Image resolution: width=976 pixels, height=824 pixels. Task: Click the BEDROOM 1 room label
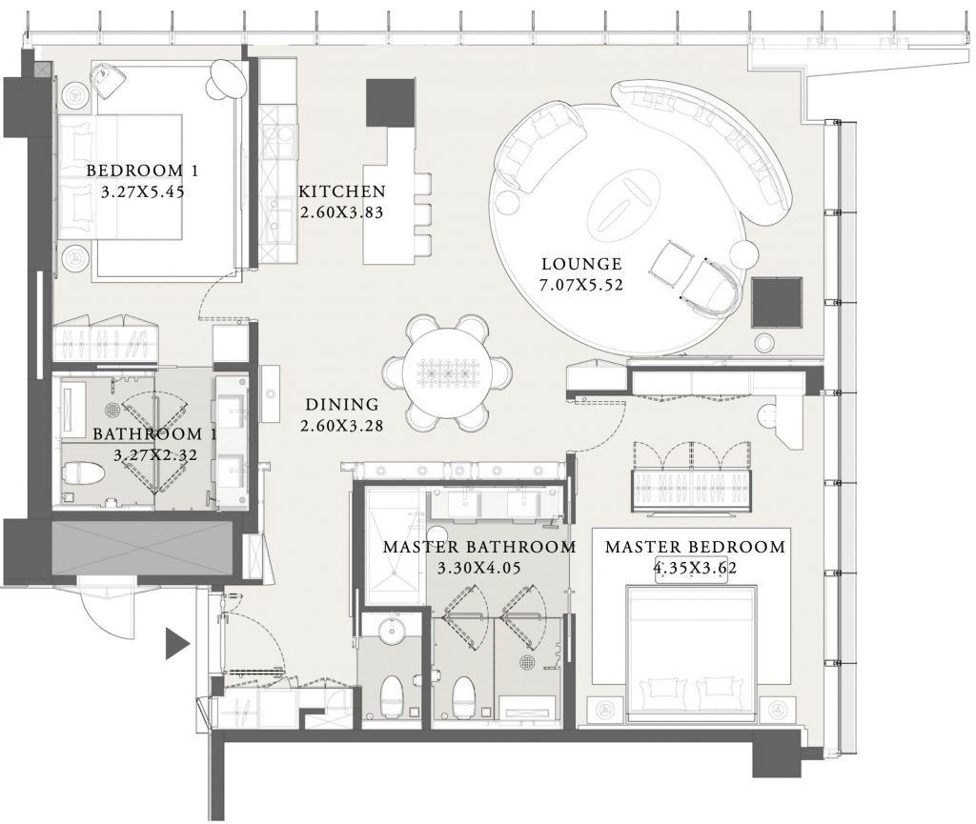(143, 171)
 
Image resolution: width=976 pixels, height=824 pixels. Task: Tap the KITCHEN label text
(342, 191)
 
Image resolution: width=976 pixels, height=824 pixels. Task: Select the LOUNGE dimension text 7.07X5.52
(581, 286)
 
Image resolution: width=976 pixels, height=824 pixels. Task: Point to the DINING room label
(342, 405)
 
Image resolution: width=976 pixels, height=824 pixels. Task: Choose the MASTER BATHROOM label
(479, 547)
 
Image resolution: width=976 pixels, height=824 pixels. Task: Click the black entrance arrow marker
(177, 643)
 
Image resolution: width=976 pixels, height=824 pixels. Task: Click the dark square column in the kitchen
(390, 103)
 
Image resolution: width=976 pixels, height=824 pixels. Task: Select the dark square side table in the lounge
(776, 303)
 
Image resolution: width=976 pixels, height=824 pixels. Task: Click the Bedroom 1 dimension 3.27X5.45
(143, 191)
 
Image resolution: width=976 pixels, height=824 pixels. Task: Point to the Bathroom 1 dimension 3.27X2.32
(155, 455)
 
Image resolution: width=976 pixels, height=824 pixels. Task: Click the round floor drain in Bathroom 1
(112, 410)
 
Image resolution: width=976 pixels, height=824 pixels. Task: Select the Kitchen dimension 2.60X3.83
(342, 212)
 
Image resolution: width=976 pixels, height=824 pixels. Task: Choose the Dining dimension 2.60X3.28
(342, 426)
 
